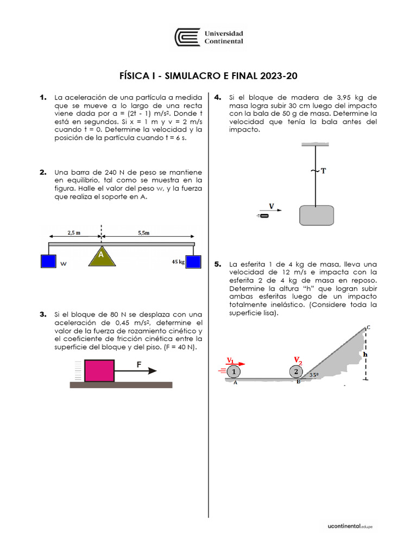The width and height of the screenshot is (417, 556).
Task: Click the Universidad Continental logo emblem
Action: tap(187, 37)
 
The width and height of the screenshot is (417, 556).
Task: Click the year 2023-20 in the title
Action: tap(279, 76)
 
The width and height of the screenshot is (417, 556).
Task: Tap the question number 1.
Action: tap(43, 97)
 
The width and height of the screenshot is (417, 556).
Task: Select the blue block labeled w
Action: tap(49, 261)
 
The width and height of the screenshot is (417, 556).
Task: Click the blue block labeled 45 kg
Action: tap(193, 262)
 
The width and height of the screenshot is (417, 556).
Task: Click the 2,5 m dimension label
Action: tap(74, 232)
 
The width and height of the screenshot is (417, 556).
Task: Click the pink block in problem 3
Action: tap(99, 371)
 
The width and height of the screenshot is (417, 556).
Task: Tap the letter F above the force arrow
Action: tap(139, 365)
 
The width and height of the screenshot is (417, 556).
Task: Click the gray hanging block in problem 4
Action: tap(317, 215)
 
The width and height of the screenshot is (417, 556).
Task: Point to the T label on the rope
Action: tap(324, 171)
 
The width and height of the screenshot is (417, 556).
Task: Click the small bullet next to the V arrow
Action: tap(264, 216)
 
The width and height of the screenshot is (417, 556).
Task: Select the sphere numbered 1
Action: tap(233, 372)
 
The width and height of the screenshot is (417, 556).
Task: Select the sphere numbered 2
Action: tap(296, 372)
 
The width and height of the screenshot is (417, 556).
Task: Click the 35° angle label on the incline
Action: tap(313, 375)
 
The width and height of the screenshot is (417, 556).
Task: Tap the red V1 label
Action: tap(231, 359)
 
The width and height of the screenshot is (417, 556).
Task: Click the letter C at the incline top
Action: tap(369, 327)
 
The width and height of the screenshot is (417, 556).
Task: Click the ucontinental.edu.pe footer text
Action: tap(350, 526)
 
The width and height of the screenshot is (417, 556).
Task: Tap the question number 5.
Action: tap(218, 264)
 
